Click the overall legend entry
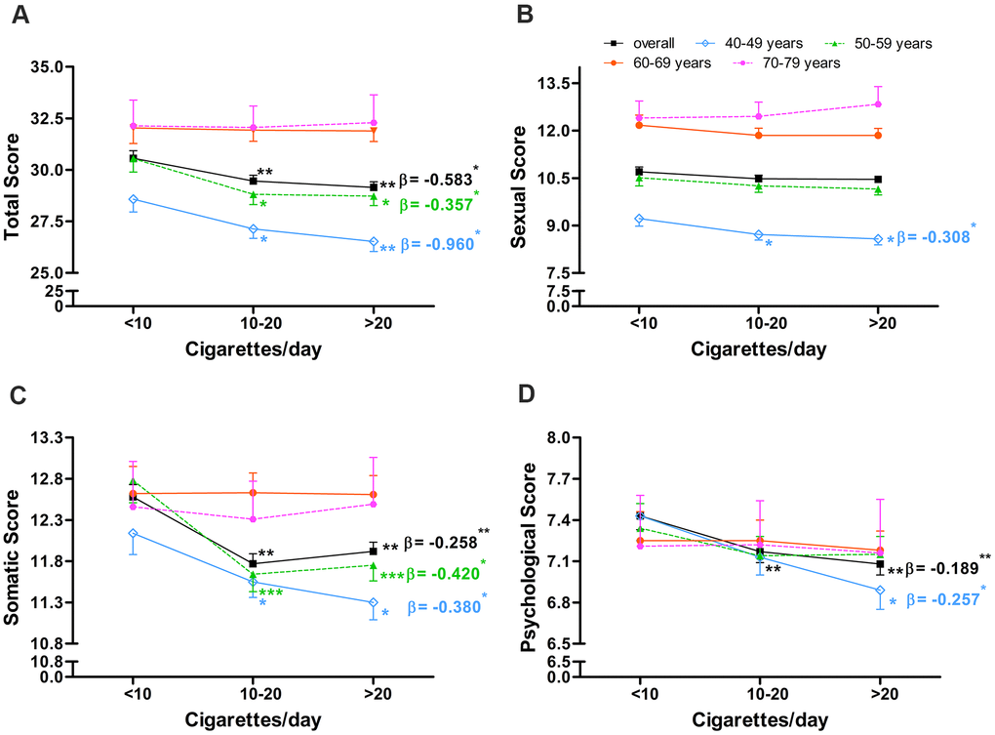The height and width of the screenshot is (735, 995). coord(648,43)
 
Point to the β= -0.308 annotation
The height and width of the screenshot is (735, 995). coord(932,237)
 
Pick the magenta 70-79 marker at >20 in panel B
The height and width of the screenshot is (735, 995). coord(878,104)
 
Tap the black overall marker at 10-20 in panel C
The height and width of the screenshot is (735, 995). coord(254,563)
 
